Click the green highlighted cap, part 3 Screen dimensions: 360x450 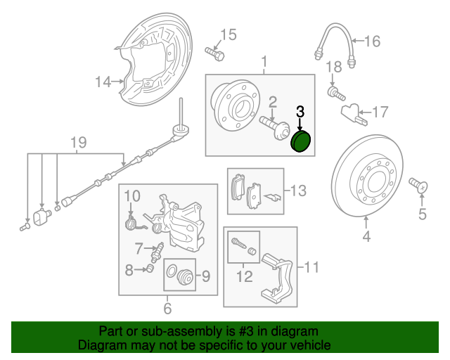301,142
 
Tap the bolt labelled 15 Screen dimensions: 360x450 214,52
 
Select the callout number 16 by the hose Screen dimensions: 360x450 371,41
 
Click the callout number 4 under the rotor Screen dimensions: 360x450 366,236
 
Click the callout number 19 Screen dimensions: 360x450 78,143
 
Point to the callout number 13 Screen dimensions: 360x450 299,190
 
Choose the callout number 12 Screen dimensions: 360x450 244,277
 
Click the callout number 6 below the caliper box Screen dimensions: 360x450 167,307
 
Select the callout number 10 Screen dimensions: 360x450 133,195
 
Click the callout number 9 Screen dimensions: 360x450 206,277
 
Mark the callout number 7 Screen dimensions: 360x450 140,246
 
